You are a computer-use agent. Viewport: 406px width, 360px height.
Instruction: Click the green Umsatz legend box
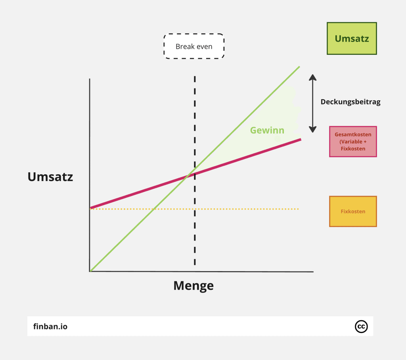(352, 39)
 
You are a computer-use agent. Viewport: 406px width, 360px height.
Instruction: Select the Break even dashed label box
(194, 46)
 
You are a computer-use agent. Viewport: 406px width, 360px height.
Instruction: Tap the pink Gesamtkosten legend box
(353, 142)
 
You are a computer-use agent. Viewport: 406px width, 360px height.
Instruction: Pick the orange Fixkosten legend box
(353, 211)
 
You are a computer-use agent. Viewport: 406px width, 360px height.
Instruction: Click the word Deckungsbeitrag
(350, 102)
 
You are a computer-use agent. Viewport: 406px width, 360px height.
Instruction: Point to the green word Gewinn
(267, 130)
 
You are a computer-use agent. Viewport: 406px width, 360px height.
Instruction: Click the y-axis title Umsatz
(50, 177)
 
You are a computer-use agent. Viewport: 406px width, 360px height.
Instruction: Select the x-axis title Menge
(193, 285)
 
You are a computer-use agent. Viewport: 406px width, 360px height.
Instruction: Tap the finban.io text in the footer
(50, 327)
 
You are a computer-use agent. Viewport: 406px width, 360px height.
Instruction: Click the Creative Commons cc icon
(361, 326)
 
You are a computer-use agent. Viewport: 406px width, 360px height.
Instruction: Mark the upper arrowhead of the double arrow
(313, 77)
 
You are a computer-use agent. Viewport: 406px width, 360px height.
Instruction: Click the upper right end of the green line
(299, 66)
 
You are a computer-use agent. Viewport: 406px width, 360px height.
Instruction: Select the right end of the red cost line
(301, 139)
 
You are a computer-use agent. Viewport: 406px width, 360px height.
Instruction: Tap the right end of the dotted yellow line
(298, 209)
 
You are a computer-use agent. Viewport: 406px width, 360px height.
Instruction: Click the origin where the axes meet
(90, 271)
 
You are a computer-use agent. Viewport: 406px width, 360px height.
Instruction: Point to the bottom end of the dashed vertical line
(195, 264)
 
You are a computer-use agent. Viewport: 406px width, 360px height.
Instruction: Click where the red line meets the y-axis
(91, 208)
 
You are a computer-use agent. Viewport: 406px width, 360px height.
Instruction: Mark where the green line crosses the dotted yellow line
(153, 209)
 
